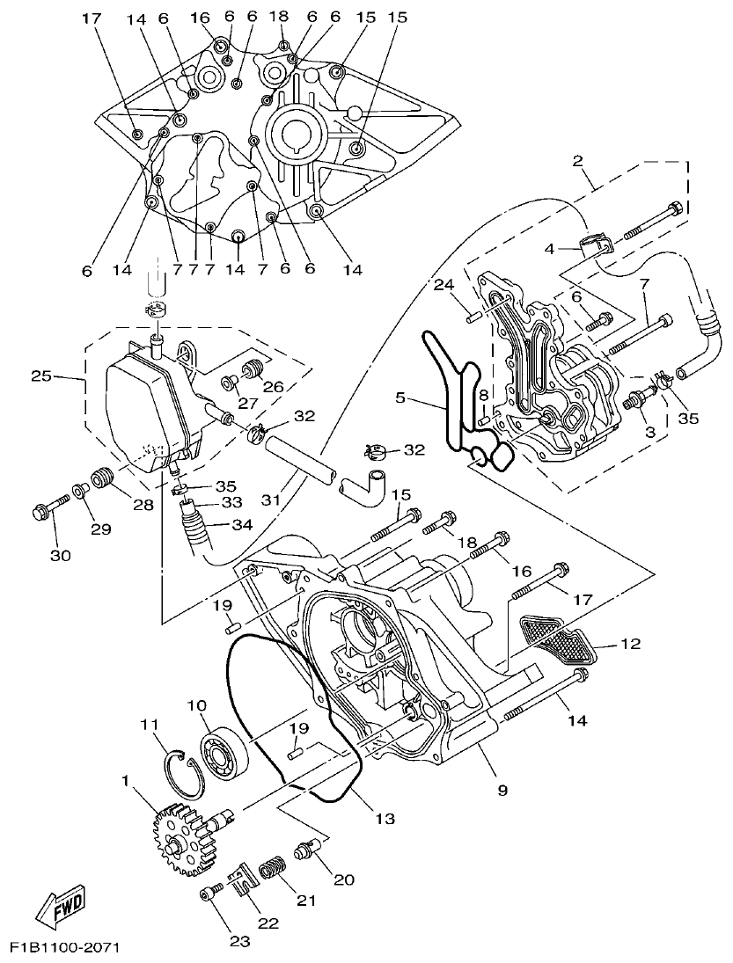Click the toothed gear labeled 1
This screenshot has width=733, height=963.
pyautogui.click(x=180, y=840)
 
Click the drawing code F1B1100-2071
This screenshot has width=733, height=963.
pyautogui.click(x=64, y=948)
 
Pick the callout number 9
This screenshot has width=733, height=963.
pyautogui.click(x=502, y=791)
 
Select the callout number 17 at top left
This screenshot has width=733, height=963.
pyautogui.click(x=92, y=18)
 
